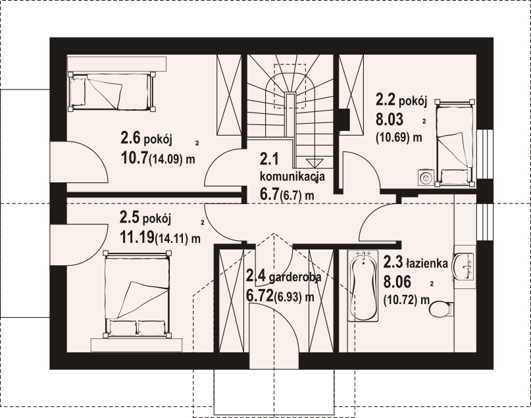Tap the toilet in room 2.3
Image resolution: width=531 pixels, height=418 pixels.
442,308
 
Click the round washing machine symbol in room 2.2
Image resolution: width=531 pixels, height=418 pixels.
425,177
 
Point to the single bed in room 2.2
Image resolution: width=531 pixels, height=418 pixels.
455,143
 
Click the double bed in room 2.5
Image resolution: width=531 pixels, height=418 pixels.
137,294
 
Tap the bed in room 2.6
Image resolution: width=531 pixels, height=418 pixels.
112,91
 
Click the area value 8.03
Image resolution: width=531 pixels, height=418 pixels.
390,119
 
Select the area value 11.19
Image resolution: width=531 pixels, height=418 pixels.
137,237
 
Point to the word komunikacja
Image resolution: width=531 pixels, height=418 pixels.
292,176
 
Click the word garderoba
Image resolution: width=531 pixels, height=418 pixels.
294,277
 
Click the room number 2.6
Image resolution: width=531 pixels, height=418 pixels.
130,138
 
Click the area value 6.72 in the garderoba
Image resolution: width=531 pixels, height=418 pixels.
259,296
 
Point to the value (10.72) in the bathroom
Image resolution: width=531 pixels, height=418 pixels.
400,300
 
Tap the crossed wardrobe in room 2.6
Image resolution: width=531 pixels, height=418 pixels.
229,95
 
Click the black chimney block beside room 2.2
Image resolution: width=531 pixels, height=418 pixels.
345,119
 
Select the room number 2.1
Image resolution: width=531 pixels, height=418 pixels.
269,159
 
